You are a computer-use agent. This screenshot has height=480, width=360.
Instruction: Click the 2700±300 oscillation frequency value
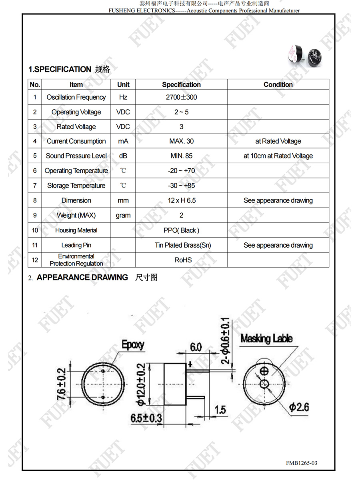pyautogui.click(x=181, y=97)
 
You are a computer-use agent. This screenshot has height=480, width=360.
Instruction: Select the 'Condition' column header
pyautogui.click(x=278, y=84)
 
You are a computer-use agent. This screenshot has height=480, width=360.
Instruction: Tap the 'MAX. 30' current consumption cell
pyautogui.click(x=181, y=141)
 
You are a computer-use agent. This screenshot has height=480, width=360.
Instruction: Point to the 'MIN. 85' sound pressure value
pyautogui.click(x=181, y=156)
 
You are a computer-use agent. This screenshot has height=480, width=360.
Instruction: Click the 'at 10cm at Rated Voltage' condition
pyautogui.click(x=278, y=156)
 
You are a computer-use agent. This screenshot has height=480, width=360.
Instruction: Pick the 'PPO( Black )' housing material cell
pyautogui.click(x=181, y=230)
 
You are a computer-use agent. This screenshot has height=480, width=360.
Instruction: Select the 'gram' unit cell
pyautogui.click(x=123, y=215)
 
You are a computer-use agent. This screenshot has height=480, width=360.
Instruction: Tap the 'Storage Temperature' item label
pyautogui.click(x=76, y=186)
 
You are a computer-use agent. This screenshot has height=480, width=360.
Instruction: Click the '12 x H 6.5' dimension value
pyautogui.click(x=182, y=200)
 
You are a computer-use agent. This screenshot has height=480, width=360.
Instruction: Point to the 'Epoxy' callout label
pyautogui.click(x=133, y=345)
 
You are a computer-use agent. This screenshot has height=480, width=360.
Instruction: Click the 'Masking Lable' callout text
pyautogui.click(x=266, y=339)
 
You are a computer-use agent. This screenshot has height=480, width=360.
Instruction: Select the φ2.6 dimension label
pyautogui.click(x=299, y=407)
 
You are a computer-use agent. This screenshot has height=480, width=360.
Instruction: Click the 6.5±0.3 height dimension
pyautogui.click(x=146, y=418)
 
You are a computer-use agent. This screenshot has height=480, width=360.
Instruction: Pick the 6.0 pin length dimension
pyautogui.click(x=196, y=347)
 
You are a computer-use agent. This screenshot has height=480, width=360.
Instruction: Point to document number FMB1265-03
pyautogui.click(x=301, y=463)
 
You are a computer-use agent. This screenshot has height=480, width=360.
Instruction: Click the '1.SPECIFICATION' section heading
pyautogui.click(x=60, y=69)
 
